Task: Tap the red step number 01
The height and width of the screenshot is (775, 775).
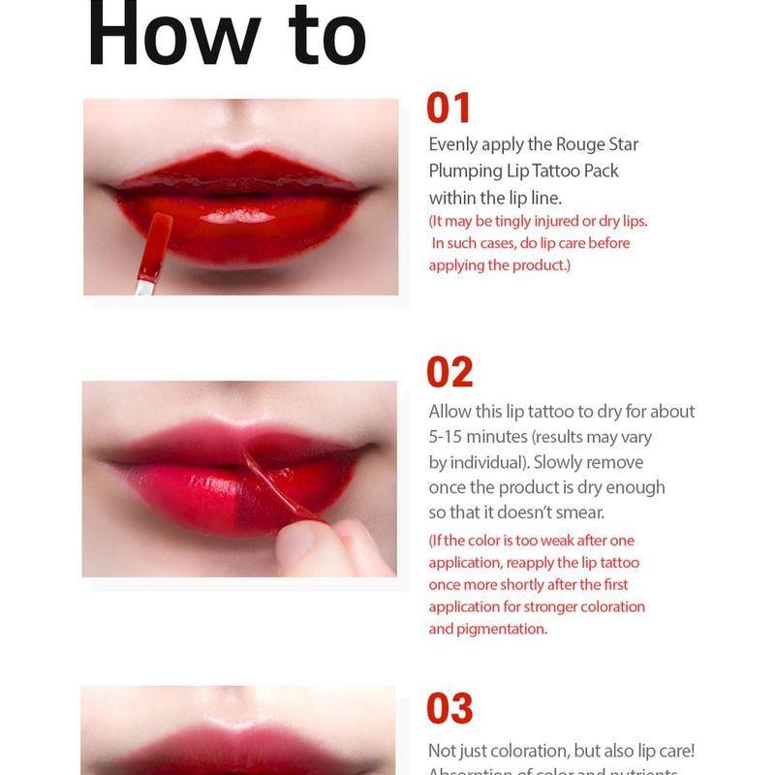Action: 449,108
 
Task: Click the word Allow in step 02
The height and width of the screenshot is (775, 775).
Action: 450,412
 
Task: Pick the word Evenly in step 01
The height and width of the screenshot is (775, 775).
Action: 454,144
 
